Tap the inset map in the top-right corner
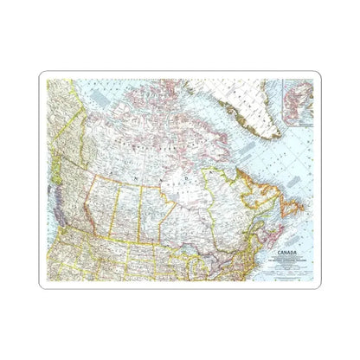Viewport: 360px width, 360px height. (x=301, y=102)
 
